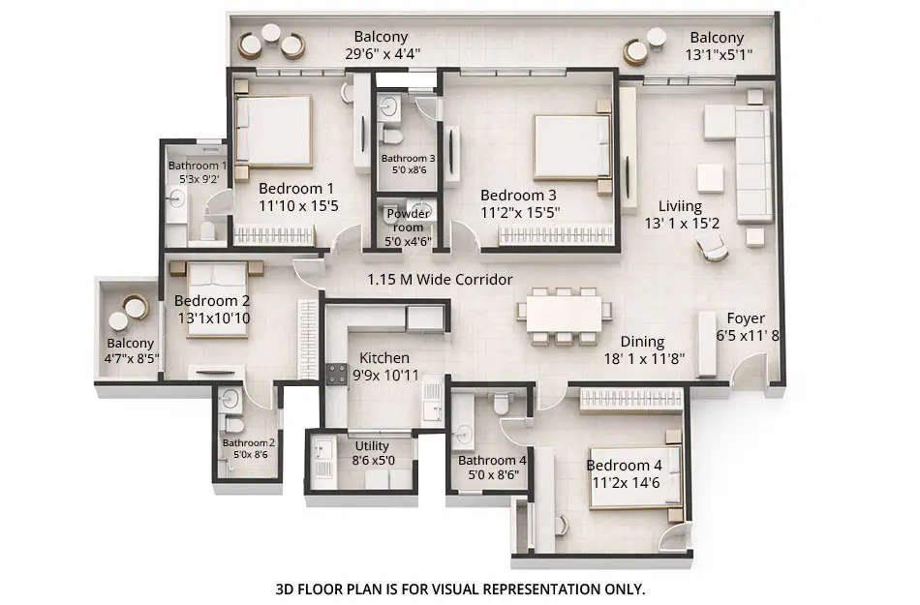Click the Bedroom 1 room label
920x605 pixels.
(296, 189)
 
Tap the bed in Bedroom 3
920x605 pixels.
(571, 146)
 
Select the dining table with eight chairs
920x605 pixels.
(565, 316)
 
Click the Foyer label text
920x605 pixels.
(746, 318)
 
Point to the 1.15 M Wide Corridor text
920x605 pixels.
(440, 280)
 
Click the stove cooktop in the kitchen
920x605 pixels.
(336, 374)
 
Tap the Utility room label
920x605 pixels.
(372, 446)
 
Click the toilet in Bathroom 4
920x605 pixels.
(502, 404)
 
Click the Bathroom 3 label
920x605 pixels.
(408, 158)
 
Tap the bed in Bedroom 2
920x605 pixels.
(218, 300)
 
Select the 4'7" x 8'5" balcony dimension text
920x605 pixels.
(131, 359)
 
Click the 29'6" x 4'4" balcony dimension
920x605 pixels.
(381, 55)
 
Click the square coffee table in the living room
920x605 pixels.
(710, 178)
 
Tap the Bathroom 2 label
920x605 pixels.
(249, 443)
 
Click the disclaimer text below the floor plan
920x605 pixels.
(460, 588)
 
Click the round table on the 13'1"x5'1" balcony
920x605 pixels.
(635, 50)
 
